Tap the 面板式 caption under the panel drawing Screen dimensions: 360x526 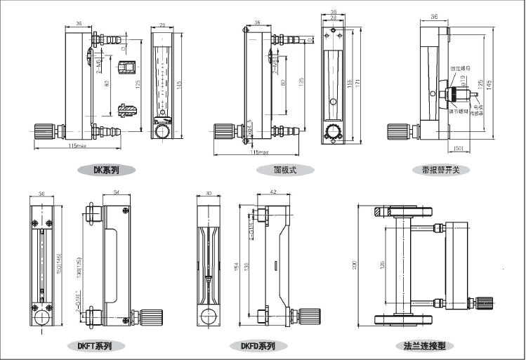(287, 170)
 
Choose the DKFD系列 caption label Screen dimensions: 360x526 (258, 345)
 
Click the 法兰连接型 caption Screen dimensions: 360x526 (424, 345)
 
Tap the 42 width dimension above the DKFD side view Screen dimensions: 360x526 (272, 192)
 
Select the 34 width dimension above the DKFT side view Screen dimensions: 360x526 (116, 192)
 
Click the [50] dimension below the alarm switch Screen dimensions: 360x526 (458, 147)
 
